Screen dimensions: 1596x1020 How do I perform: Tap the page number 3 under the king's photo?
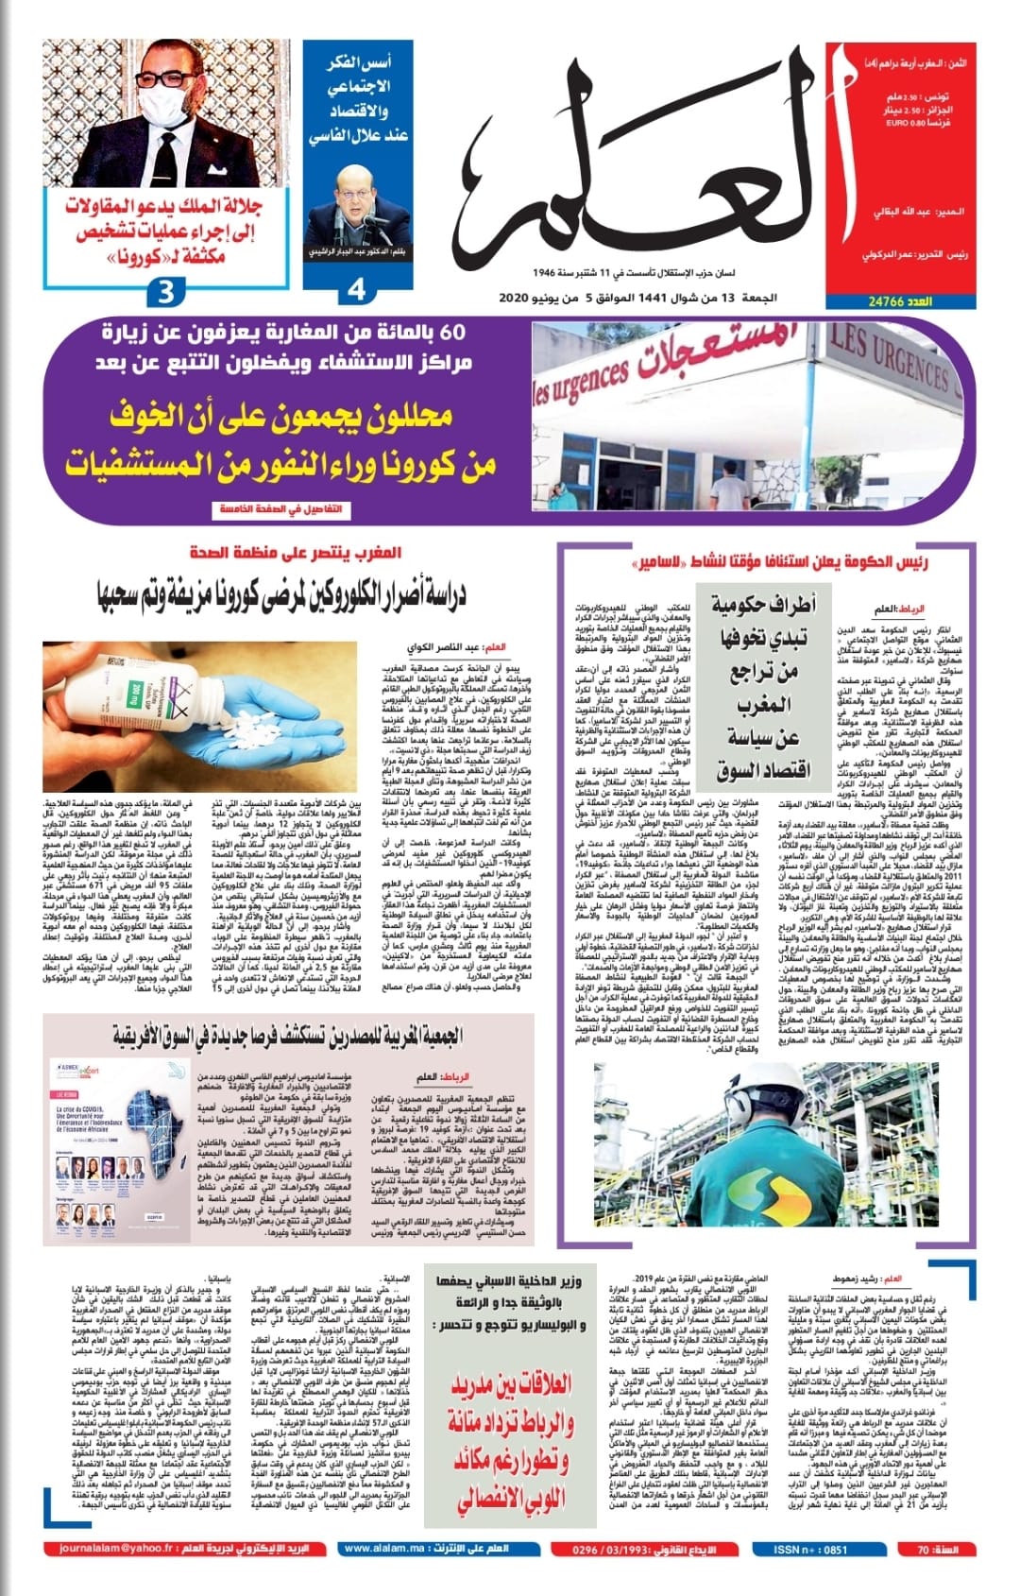pos(165,292)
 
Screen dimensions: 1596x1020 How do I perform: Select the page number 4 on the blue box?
pos(356,289)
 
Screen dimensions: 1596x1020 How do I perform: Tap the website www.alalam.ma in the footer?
pos(383,1549)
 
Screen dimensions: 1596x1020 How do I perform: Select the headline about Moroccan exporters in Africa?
pos(287,1036)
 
